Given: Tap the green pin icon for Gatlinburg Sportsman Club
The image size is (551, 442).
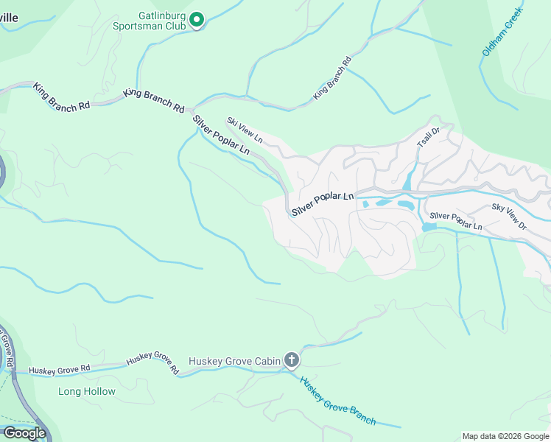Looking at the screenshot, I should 197,20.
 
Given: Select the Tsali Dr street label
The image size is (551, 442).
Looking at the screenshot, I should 428,137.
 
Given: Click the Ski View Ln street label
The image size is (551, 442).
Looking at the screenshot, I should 245,130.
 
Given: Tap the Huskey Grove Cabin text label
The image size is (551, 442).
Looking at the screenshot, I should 234,361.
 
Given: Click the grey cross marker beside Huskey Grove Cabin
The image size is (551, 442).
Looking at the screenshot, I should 292,360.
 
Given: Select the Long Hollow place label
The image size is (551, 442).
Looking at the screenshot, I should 87,391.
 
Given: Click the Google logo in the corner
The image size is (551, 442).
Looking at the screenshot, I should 24,433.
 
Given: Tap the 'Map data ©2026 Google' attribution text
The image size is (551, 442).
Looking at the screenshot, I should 505,436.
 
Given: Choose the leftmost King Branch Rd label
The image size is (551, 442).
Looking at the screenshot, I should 61,97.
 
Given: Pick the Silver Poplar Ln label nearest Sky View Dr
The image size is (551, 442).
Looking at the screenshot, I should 456,221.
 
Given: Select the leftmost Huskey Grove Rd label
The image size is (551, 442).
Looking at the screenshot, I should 59,368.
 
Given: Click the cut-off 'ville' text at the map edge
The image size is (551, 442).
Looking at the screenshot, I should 10,18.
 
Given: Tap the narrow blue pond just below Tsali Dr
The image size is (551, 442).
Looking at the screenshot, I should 407,180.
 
